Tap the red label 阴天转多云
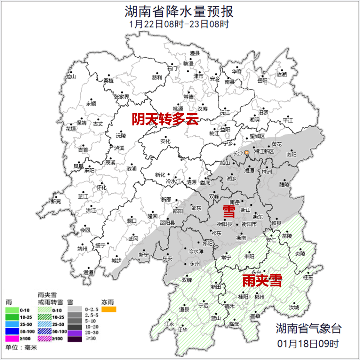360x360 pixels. pos(165,119)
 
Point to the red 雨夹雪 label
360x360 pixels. pos(262,281)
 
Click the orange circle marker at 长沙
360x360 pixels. pos(247,153)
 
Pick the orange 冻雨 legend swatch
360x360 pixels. pos(109,309)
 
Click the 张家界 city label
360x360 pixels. pos(122,97)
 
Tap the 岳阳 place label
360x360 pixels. pos(262,80)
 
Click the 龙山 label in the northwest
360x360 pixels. pos(71,76)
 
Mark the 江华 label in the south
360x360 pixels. pos(183,330)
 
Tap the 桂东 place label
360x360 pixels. pos(308,277)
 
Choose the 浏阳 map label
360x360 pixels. pos(291,154)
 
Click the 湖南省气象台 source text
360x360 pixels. pos(309,328)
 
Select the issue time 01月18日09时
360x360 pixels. pos(308,343)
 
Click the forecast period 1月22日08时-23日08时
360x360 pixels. pos(179,24)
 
